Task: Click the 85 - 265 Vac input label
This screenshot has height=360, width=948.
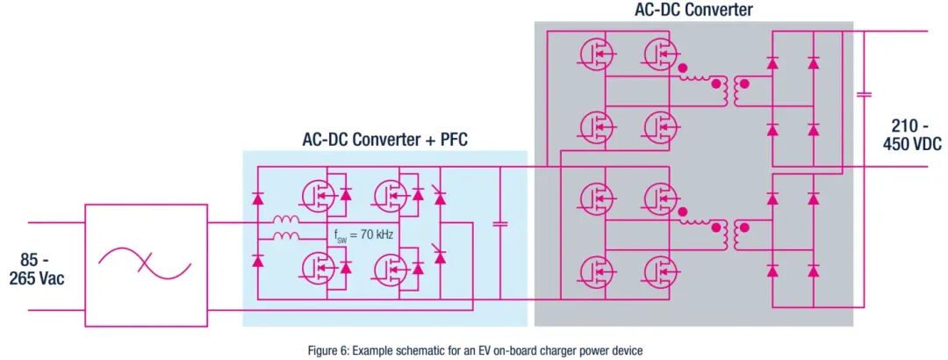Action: [37, 270]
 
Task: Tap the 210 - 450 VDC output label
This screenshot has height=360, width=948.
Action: [916, 135]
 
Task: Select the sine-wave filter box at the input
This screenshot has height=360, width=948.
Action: [146, 266]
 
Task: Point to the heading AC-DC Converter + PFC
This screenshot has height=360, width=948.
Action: [384, 139]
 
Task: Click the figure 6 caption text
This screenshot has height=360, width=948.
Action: [473, 350]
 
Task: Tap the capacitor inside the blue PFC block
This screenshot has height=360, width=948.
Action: [499, 224]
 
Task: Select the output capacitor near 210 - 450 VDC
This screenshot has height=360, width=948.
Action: [864, 94]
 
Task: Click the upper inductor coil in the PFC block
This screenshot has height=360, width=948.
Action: [286, 220]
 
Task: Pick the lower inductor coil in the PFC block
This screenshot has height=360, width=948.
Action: [286, 236]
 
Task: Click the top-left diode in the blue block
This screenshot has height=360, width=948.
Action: [258, 198]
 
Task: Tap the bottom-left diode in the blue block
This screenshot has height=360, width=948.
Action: [258, 262]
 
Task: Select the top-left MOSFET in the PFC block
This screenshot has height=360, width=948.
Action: [319, 196]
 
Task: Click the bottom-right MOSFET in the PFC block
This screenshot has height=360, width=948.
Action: [391, 269]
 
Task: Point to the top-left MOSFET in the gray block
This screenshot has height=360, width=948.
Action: [598, 54]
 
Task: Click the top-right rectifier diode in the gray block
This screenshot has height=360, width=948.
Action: [814, 62]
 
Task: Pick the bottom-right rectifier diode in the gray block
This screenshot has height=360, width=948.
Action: [814, 270]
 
